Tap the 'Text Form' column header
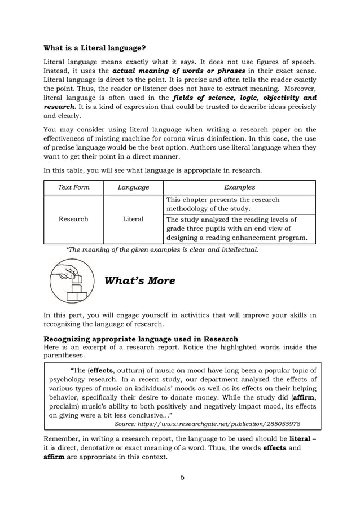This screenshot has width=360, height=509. tap(73, 187)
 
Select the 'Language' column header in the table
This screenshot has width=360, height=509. tap(133, 187)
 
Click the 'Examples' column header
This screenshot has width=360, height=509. tap(239, 187)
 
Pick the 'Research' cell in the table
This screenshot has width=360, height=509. tap(73, 219)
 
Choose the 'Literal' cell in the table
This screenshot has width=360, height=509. tap(133, 219)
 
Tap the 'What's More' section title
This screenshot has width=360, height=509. tap(140, 280)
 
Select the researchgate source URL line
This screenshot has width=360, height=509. tap(207, 423)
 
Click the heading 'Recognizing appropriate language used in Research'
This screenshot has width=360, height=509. tap(141, 339)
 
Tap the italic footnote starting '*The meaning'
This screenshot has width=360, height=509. tap(162, 249)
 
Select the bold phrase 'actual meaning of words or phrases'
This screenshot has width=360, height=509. tap(179, 71)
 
